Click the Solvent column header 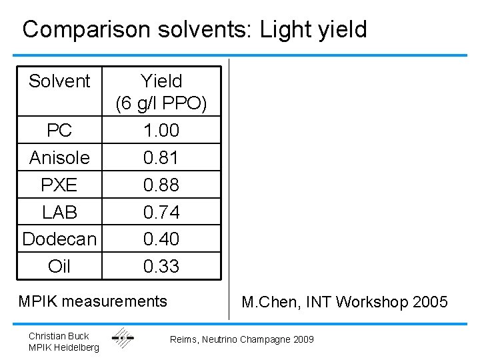pos(59,81)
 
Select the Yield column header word pos(161,81)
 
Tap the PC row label pos(59,130)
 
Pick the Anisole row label pos(59,157)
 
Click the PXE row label pos(59,185)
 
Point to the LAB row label pos(59,212)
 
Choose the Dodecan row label pos(59,239)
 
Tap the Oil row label pos(59,266)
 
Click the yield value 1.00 pos(161,130)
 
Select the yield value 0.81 pos(161,157)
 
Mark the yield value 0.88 pos(161,185)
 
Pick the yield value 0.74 pos(161,212)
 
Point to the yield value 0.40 pos(161,239)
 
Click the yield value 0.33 pos(161,266)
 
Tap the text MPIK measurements pos(93,301)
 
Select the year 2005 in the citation pos(430,303)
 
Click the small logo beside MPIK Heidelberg pos(123,339)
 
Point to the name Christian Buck pos(59,335)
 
